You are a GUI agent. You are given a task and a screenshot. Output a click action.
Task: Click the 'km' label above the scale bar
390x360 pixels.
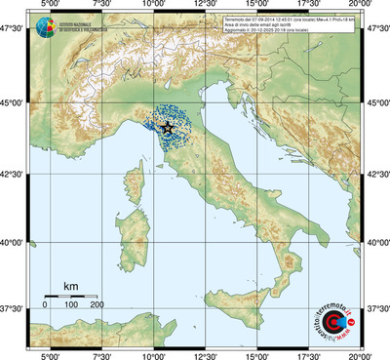(70, 286)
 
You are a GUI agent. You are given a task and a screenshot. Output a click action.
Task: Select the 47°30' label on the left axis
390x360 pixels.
(13, 31)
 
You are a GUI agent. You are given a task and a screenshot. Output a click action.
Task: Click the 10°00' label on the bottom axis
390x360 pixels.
(152, 354)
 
